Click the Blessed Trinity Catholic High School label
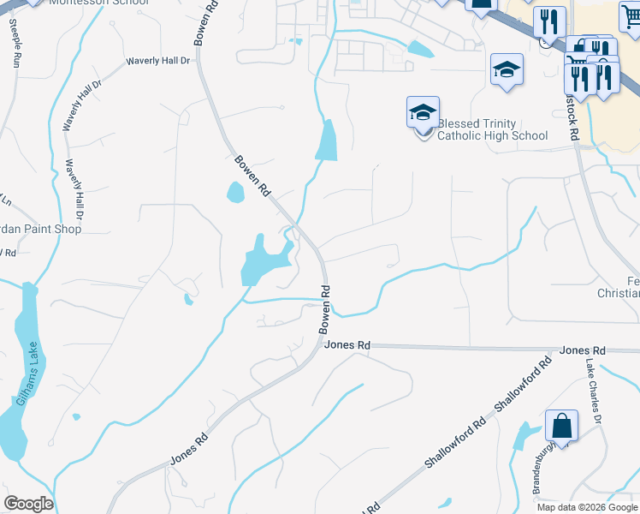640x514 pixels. click(492, 129)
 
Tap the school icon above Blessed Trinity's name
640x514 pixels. click(423, 112)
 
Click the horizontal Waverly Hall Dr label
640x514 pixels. click(157, 62)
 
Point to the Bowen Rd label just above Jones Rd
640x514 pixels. click(325, 309)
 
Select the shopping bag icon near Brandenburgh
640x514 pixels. click(561, 425)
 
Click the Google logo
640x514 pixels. click(28, 504)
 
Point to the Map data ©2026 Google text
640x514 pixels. click(587, 506)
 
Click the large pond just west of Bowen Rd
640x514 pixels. click(261, 259)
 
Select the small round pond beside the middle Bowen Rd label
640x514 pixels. click(235, 193)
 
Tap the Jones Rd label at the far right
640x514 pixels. click(583, 351)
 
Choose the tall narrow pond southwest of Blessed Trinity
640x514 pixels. click(327, 141)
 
